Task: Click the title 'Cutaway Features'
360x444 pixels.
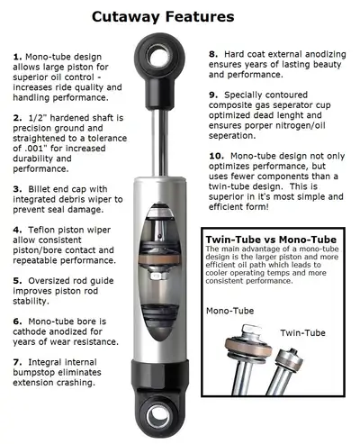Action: (x=180, y=15)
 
